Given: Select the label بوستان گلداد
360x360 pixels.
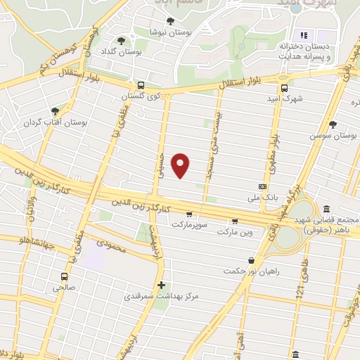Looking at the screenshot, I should click(x=143, y=52).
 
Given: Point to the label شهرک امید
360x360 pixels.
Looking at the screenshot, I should click(x=287, y=98).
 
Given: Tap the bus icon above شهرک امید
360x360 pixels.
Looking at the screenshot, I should click(x=285, y=88).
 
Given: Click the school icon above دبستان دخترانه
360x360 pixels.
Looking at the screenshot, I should click(x=304, y=34).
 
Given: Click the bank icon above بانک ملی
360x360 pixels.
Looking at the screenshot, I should click(x=262, y=186).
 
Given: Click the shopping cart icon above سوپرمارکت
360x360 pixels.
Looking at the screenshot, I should click(x=189, y=214).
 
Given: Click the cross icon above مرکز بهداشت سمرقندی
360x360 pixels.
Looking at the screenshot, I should click(x=162, y=285).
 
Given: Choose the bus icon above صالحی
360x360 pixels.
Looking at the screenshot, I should click(x=64, y=276).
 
